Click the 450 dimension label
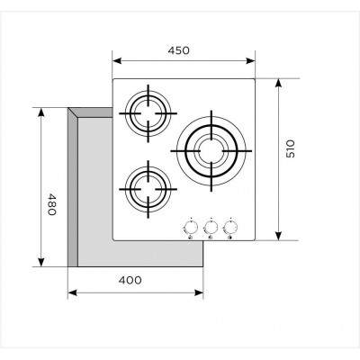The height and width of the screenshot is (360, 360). tap(179, 50)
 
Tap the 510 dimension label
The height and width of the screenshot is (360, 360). tap(291, 148)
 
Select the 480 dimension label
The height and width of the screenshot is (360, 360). tap(51, 204)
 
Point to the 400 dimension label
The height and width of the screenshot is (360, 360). tap(130, 280)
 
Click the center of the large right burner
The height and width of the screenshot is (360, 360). tap(211, 150)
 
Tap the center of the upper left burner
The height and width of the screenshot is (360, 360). tap(148, 113)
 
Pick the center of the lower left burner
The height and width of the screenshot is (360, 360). tap(148, 189)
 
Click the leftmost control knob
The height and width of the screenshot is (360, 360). tap(190, 228)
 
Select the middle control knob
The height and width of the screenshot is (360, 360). tap(211, 228)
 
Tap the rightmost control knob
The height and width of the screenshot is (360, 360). tap(230, 228)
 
